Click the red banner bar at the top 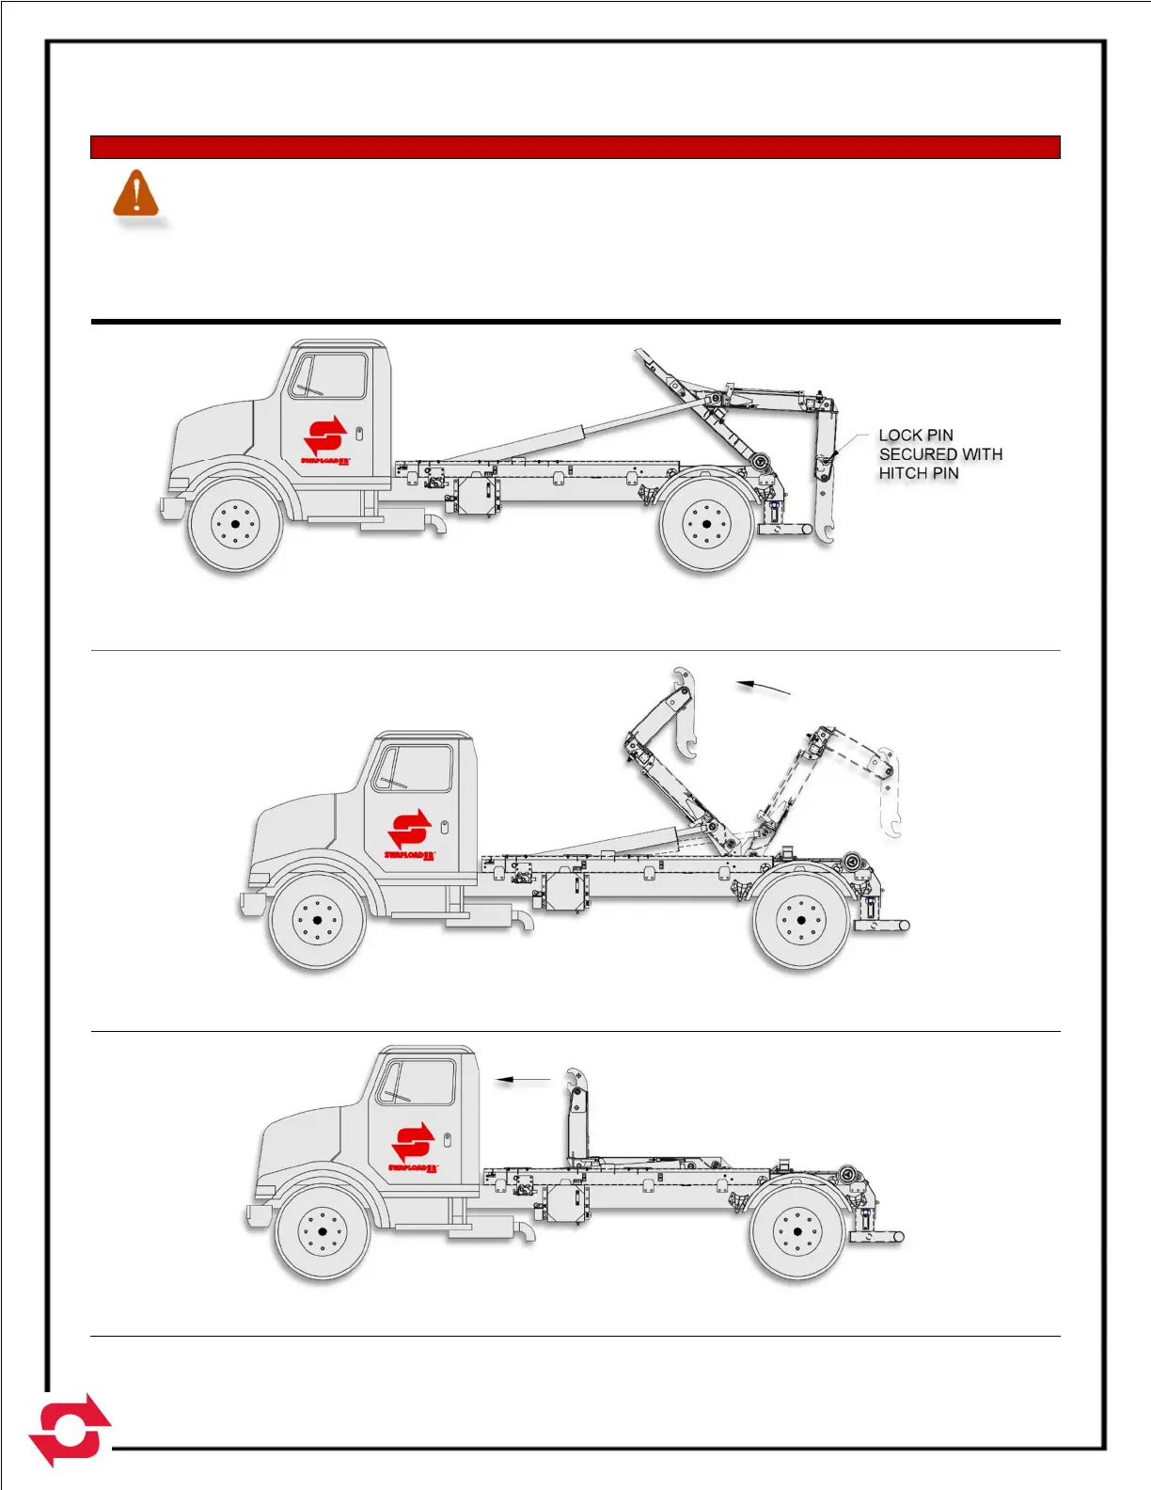[x=575, y=148]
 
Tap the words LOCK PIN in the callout [x=915, y=436]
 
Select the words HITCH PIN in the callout [x=918, y=473]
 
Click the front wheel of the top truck [x=235, y=525]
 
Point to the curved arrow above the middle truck [x=763, y=688]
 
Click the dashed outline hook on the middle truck [x=889, y=790]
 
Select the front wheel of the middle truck [x=316, y=921]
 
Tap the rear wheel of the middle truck [x=800, y=921]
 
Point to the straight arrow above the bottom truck [x=523, y=1080]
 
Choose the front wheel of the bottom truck [x=322, y=1231]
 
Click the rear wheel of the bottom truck [x=796, y=1231]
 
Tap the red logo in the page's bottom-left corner [x=70, y=1430]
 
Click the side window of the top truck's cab [x=328, y=376]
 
